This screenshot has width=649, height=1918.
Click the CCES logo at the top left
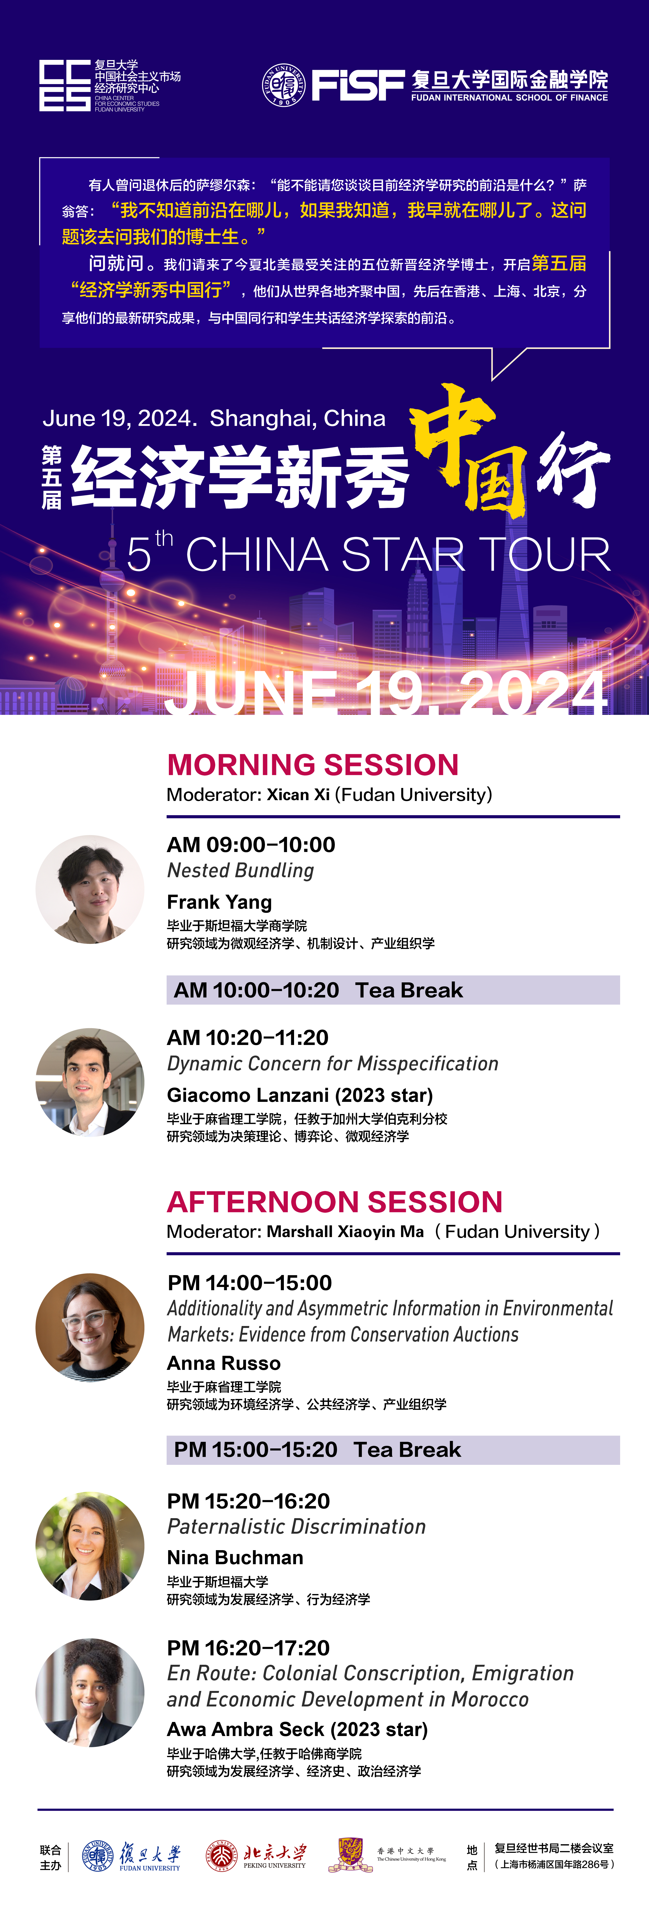click(x=65, y=86)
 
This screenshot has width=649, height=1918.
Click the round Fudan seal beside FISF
click(x=284, y=85)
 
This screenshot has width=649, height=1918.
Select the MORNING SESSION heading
click(x=313, y=765)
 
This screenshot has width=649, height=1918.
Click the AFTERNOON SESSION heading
click(x=335, y=1202)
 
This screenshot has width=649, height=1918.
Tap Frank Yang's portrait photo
click(x=90, y=889)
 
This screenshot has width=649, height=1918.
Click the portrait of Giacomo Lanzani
click(x=90, y=1082)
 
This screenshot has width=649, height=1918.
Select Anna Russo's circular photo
click(x=90, y=1327)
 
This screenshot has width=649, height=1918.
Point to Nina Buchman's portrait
click(x=90, y=1546)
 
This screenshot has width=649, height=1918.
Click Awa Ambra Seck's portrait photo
click(x=90, y=1692)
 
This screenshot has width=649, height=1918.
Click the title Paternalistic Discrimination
click(x=296, y=1526)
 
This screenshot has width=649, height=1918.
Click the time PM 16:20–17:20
click(x=248, y=1648)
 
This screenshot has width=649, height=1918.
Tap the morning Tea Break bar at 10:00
click(x=393, y=989)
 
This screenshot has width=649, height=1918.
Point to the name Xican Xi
click(x=298, y=794)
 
